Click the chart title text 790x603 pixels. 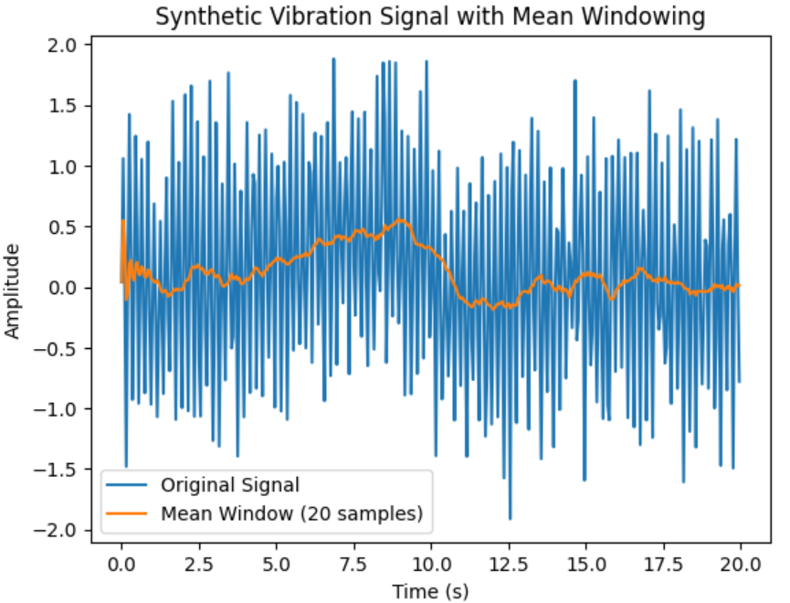pos(430,16)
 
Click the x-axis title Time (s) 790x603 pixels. pos(430,592)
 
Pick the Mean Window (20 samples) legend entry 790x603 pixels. pos(291,513)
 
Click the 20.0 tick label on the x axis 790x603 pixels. pos(741,564)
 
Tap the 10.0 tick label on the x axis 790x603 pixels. pos(430,564)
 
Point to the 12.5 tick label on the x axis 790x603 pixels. pos(508,564)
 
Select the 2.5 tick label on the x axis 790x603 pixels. pos(198,564)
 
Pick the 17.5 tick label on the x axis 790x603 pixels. pos(663,564)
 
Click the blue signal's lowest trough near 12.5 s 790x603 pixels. pos(510,518)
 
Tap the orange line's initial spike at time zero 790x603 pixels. pos(123,221)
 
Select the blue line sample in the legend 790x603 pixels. pos(127,484)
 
